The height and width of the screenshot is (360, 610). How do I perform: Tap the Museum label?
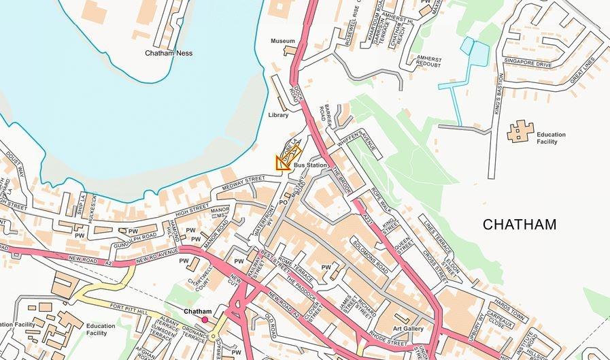coord(283,41)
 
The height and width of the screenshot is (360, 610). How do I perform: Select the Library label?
coord(279,115)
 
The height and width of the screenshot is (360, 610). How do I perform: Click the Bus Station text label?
coord(311,165)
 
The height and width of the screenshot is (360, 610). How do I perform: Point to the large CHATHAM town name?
coord(520,225)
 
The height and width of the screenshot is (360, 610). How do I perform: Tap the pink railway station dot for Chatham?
coord(205,319)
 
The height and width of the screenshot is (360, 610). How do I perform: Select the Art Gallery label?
coord(408,329)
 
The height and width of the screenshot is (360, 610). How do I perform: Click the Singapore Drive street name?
coord(528,63)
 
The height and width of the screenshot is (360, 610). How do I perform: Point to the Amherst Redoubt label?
coord(429,62)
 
